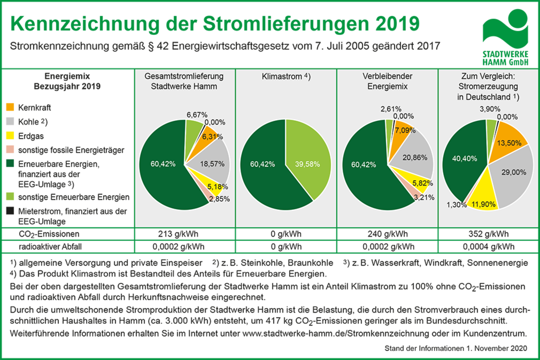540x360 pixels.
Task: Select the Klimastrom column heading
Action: [286, 76]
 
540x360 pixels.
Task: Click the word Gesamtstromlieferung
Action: [184, 76]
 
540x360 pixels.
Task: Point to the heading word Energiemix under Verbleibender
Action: [387, 86]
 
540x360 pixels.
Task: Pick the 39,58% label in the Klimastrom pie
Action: [307, 164]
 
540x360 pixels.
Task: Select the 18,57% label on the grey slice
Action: [212, 164]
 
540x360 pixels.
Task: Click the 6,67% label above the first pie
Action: [197, 115]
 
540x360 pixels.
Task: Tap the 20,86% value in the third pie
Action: [415, 158]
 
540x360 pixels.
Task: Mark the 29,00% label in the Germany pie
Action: [514, 172]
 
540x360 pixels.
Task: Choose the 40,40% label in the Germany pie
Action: [464, 158]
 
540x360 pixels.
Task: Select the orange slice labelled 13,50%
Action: [509, 143]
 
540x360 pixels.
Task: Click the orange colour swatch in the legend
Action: [10, 107]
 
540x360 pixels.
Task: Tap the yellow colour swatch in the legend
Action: [10, 136]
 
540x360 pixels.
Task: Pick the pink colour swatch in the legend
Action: [10, 150]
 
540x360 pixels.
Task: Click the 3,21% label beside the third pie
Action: [424, 197]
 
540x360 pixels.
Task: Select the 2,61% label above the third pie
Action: [391, 109]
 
